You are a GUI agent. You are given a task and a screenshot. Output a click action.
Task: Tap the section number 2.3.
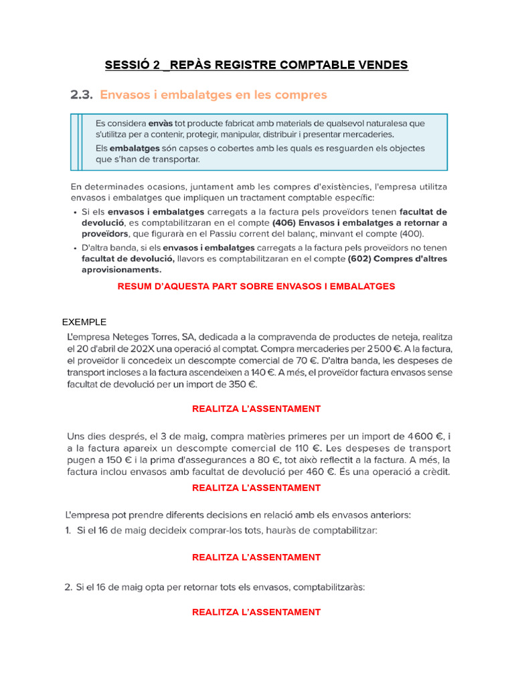point(81,95)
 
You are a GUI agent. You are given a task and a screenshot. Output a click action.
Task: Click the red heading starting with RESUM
point(256,286)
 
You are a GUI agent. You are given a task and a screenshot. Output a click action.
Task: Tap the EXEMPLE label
point(84,322)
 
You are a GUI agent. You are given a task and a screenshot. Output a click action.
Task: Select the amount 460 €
point(320,472)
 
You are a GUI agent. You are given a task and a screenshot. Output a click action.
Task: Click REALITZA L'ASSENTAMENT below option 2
point(256,612)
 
